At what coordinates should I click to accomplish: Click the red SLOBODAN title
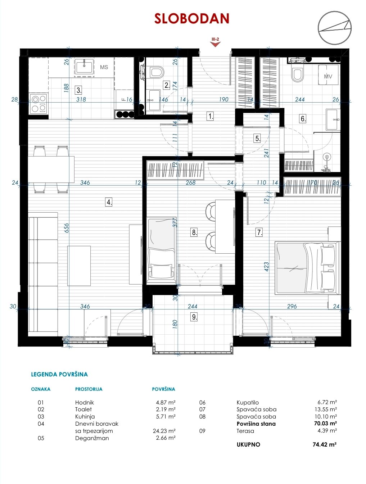click(191, 18)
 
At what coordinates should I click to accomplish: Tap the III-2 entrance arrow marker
click(215, 44)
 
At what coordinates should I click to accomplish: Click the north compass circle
click(334, 28)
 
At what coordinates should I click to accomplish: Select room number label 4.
click(109, 202)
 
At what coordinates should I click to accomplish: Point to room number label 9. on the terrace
click(194, 317)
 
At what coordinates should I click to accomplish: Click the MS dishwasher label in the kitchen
click(104, 67)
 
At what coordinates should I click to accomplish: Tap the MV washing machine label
click(328, 77)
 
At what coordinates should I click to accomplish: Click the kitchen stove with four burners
click(39, 103)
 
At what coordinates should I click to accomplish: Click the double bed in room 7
click(307, 268)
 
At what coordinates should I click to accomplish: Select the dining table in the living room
click(51, 169)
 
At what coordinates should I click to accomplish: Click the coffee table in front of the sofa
click(79, 266)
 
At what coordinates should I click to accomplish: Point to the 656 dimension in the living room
click(67, 228)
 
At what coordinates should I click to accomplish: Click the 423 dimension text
click(267, 267)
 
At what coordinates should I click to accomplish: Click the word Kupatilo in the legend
click(248, 402)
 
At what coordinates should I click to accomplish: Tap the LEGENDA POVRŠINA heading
click(59, 374)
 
